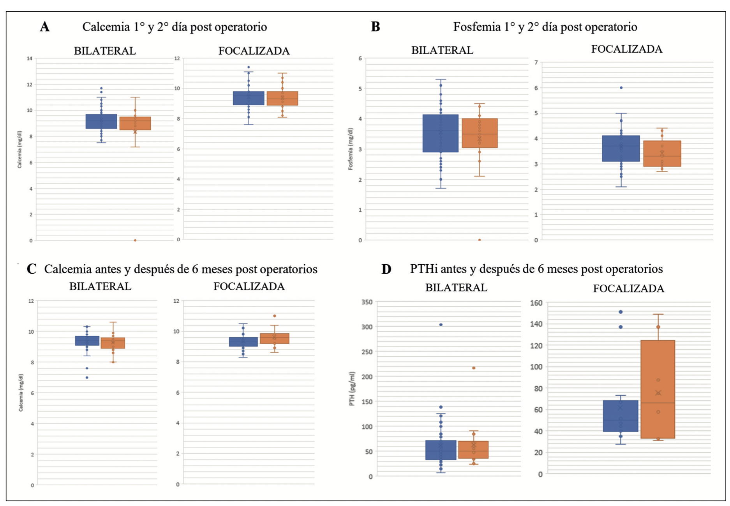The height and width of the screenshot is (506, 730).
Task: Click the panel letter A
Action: click(45, 27)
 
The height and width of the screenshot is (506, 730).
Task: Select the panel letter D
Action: click(386, 269)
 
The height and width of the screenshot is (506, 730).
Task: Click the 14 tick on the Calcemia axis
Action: click(30, 58)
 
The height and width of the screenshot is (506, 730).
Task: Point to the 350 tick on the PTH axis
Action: click(367, 302)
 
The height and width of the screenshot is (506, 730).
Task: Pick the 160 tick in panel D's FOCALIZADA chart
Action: click(537, 303)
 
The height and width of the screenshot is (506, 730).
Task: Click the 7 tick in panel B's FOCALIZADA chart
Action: click(536, 62)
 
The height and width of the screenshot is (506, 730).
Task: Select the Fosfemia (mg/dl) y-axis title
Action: click(350, 149)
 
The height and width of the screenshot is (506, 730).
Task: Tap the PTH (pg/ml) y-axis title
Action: click(352, 389)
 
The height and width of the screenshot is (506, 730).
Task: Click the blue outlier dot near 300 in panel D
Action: click(441, 325)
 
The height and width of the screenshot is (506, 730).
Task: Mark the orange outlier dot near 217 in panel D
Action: click(474, 368)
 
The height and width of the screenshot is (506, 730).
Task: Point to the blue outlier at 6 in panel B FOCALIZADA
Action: click(621, 88)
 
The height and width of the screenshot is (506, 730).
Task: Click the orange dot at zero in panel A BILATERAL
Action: click(135, 240)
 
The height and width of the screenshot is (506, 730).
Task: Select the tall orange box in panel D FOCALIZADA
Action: click(658, 389)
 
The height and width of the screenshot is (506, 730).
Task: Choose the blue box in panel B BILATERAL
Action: click(441, 133)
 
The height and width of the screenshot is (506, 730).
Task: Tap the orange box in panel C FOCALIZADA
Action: click(275, 338)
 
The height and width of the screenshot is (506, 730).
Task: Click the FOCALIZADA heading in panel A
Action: click(254, 51)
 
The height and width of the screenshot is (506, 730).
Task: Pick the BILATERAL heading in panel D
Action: click(456, 288)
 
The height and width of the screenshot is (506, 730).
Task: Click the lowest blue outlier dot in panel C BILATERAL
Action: click(87, 377)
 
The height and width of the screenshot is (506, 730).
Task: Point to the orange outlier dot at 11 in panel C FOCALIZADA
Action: click(275, 316)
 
